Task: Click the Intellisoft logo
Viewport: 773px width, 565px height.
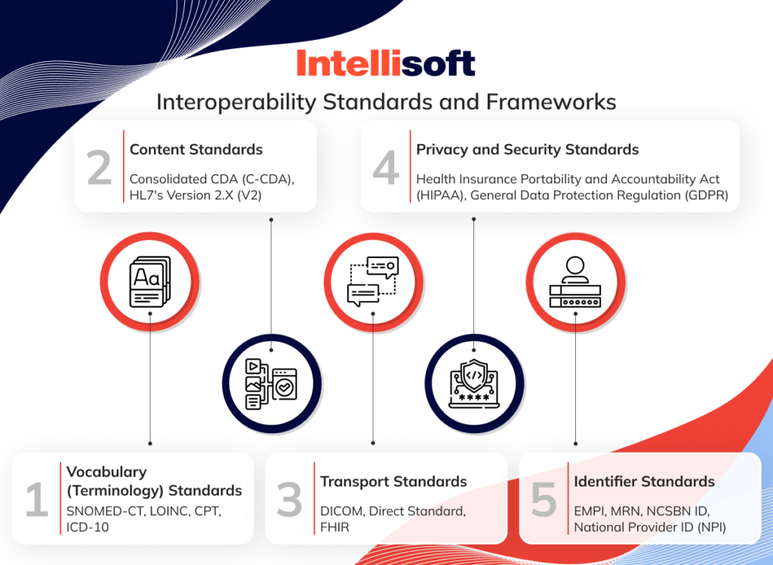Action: pyautogui.click(x=386, y=63)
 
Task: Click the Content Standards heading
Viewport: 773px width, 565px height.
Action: pyautogui.click(x=196, y=149)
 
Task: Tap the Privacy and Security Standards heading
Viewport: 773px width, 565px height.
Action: pyautogui.click(x=528, y=149)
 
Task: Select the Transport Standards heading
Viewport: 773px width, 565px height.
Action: pyautogui.click(x=393, y=481)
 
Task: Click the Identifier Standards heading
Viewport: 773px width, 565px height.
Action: pyautogui.click(x=644, y=481)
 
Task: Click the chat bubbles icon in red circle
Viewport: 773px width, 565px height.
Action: pyautogui.click(x=372, y=281)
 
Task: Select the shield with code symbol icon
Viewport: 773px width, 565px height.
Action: pyautogui.click(x=473, y=382)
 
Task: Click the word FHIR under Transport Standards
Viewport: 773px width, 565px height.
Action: pyautogui.click(x=336, y=527)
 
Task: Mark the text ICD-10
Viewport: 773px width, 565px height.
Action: pyautogui.click(x=88, y=527)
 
